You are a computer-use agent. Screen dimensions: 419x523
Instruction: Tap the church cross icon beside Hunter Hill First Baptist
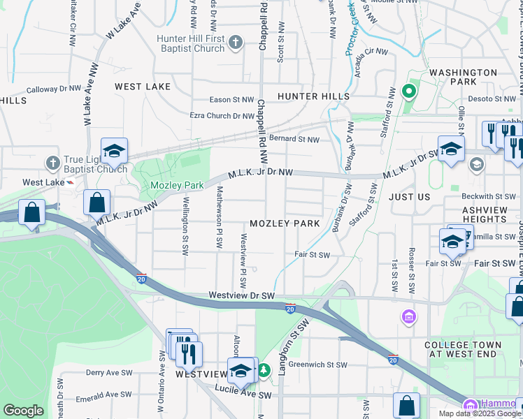pos(236,43)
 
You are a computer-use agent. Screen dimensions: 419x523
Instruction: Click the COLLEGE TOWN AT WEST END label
pos(463,349)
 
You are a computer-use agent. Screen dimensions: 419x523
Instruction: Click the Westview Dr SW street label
pos(242,296)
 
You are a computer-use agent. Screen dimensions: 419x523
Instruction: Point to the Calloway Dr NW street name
pos(55,89)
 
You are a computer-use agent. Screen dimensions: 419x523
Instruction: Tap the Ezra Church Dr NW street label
pos(223,116)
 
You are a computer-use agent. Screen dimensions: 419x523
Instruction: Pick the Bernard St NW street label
pos(294,140)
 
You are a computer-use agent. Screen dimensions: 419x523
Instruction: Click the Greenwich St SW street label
pos(318,365)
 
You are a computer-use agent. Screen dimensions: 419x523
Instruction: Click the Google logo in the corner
pos(23,411)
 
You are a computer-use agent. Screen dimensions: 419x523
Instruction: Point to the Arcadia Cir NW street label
pos(370,52)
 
